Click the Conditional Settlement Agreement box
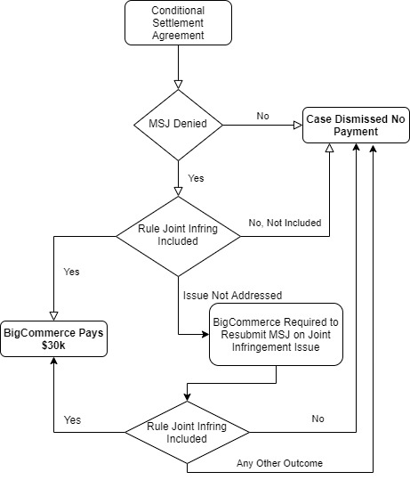(178, 23)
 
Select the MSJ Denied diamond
(178, 125)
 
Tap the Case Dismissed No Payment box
(356, 126)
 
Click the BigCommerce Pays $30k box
(54, 339)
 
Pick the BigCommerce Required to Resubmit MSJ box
(276, 335)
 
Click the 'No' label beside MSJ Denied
(263, 116)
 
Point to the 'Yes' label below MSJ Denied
(196, 178)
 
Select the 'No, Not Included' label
(285, 223)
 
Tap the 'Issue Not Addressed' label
(232, 296)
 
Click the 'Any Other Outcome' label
(279, 463)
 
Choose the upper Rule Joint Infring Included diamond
(178, 236)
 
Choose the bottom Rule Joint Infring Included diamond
(187, 432)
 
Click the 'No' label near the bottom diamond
(318, 419)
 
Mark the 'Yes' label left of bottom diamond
(72, 420)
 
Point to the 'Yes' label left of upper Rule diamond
(71, 272)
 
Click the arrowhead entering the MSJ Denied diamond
(178, 85)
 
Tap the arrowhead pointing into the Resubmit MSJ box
(205, 334)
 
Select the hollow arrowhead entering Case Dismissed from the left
(298, 126)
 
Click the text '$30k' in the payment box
(53, 346)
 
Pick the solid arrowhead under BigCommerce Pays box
(54, 361)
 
